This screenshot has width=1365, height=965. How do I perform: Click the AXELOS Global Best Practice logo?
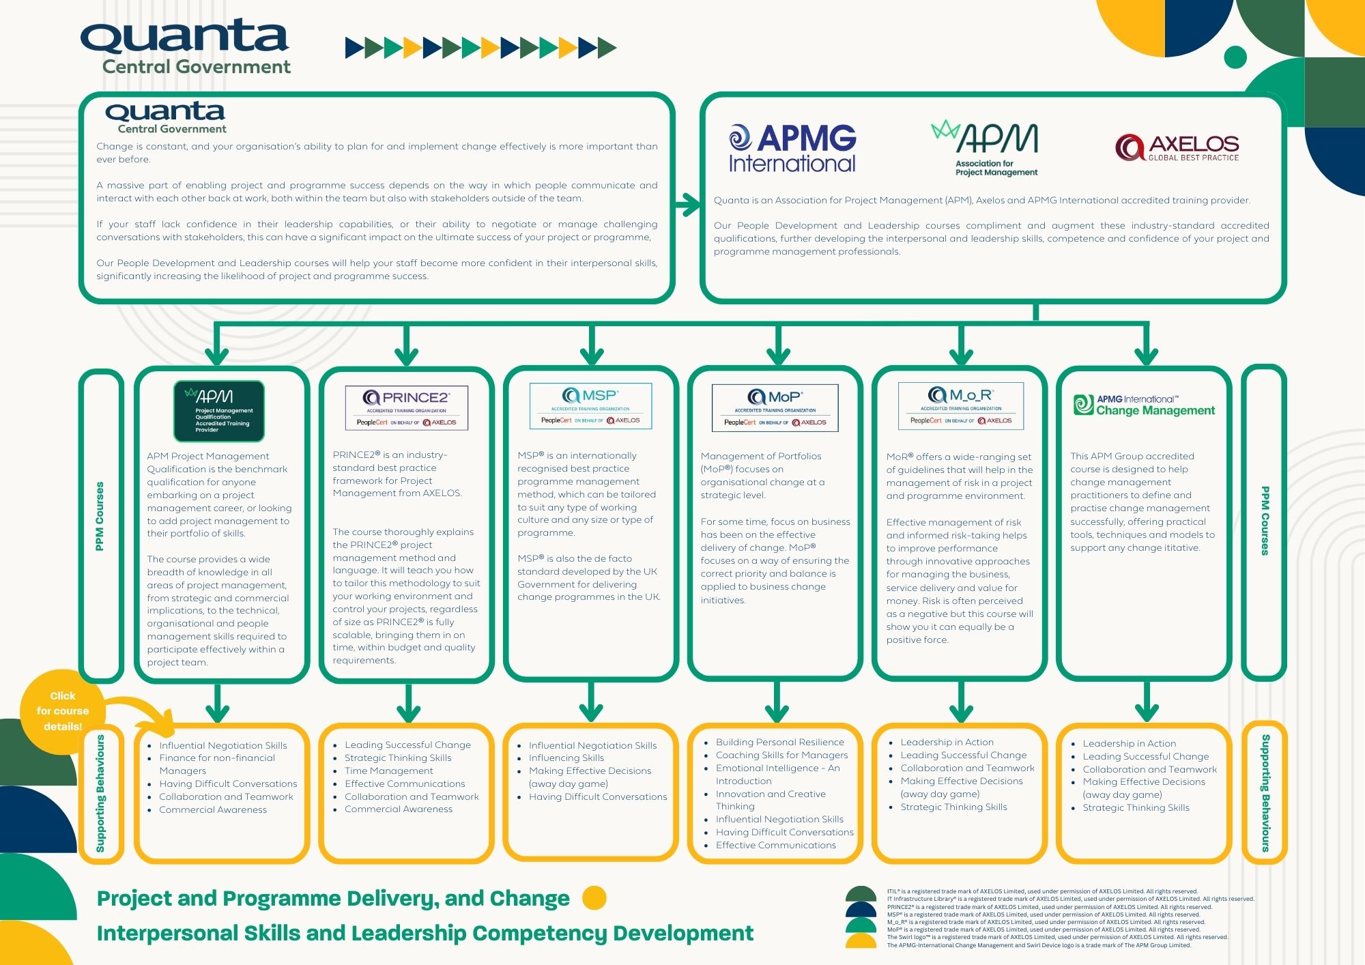click(1177, 147)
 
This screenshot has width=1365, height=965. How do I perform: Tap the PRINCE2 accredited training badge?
click(407, 408)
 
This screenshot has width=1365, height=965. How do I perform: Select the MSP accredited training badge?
click(590, 406)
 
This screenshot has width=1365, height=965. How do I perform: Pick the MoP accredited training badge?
click(775, 408)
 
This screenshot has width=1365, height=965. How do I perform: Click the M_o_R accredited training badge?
click(960, 406)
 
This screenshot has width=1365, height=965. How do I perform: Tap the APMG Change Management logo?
click(1144, 405)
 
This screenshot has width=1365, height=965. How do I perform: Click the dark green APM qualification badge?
click(218, 412)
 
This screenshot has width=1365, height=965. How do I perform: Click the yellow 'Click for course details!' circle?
click(62, 711)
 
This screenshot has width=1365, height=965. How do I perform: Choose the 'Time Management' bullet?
click(388, 770)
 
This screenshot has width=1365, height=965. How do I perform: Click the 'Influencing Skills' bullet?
click(566, 758)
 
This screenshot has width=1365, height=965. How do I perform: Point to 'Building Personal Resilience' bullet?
click(779, 742)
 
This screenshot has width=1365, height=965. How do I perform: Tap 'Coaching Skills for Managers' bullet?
click(781, 755)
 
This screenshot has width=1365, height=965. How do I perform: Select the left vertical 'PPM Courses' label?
click(100, 517)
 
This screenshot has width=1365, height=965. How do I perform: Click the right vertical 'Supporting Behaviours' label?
click(1265, 793)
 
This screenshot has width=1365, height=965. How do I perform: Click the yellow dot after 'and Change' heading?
click(594, 898)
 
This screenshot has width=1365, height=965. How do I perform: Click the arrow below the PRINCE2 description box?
click(408, 703)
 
